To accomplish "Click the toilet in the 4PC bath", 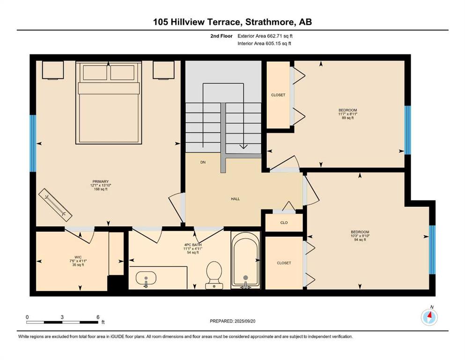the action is (x=214, y=275).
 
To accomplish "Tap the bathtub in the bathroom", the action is (x=245, y=260).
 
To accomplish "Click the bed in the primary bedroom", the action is (x=109, y=103).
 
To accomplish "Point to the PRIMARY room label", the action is (x=101, y=181).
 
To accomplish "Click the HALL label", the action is (x=235, y=199).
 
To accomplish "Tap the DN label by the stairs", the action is (x=203, y=162).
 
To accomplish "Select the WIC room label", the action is (x=78, y=257).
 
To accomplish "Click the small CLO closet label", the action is (x=284, y=223).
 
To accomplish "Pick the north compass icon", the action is (x=429, y=317).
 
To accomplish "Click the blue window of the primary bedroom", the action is (x=33, y=143).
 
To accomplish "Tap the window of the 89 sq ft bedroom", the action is (x=408, y=130).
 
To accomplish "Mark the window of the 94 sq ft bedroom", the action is (x=432, y=249).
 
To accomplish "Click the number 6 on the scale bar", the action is (x=98, y=317).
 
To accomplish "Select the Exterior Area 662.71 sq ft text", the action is (x=265, y=36).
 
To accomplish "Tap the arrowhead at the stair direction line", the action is (x=244, y=146).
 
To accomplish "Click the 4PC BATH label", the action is (x=193, y=245).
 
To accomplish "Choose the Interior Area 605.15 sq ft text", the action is (x=264, y=43).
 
